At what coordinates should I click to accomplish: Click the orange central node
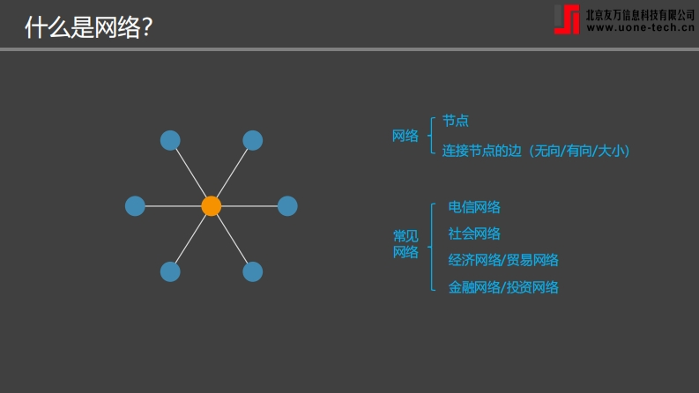point(212,206)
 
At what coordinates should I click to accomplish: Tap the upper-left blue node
point(170,140)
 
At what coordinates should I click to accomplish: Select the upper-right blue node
point(253,140)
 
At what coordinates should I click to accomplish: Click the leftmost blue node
point(135,206)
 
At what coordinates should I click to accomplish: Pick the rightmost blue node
point(287,206)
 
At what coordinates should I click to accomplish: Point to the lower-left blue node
point(170,271)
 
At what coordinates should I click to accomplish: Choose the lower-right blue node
point(253,271)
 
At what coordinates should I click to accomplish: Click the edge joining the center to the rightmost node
point(249,206)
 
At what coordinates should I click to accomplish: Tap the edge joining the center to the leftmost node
point(173,206)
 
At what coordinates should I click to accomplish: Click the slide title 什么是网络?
point(89,27)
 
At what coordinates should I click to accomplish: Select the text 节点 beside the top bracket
point(455,121)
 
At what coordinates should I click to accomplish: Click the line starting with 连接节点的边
point(536,151)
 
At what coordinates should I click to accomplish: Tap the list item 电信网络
point(474,207)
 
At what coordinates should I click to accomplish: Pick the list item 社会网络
point(474,234)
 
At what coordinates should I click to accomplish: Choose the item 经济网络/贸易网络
point(503,260)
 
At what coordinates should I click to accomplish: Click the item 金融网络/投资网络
point(503,287)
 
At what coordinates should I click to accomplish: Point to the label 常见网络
point(405,244)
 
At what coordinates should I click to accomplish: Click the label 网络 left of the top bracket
point(405,136)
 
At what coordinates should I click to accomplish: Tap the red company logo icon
point(567,19)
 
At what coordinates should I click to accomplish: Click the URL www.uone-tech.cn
point(641,27)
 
